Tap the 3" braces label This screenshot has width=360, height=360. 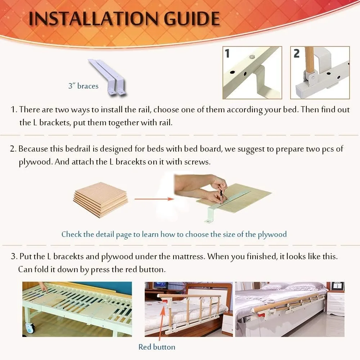pos(83,86)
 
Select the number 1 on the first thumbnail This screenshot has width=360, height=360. pos(227,53)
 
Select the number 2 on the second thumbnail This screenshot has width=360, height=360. pos(296,53)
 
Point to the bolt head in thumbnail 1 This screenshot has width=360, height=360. pos(251,57)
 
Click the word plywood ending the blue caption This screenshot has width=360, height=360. pos(272,234)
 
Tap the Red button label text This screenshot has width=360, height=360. pos(157,347)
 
